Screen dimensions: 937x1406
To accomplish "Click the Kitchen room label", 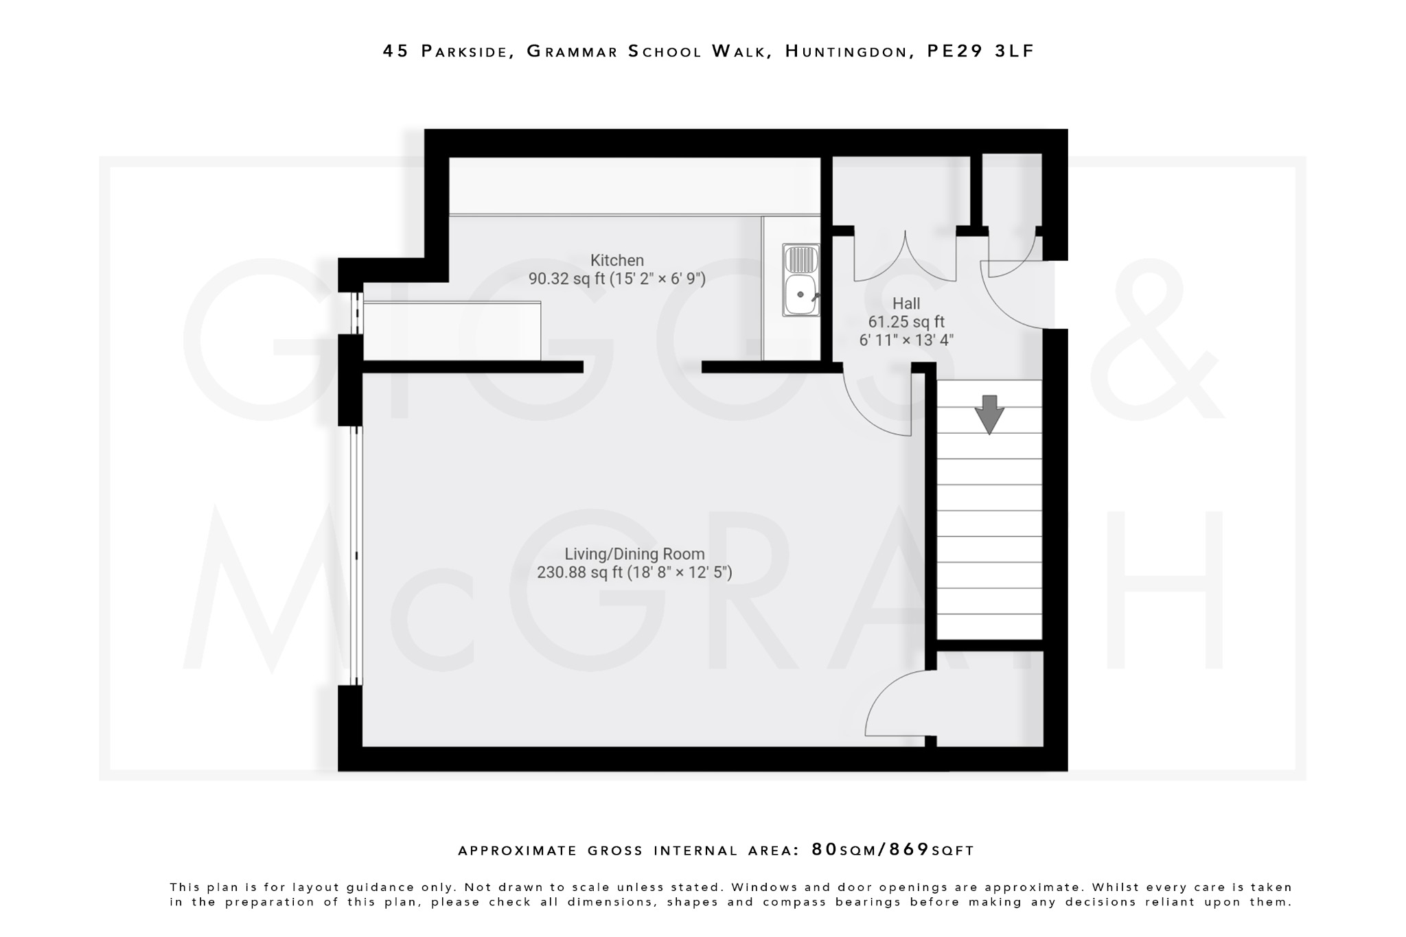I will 616,260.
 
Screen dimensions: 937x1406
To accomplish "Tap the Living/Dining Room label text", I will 634,554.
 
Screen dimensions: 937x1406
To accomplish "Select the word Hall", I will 906,303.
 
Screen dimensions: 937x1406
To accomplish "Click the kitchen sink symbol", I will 800,280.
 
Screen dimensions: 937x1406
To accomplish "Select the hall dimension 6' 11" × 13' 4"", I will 906,340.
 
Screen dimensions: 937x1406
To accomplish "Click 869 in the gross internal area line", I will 909,850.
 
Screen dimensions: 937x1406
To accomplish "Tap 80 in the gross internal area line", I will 825,850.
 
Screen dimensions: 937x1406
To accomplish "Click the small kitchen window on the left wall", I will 356,314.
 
